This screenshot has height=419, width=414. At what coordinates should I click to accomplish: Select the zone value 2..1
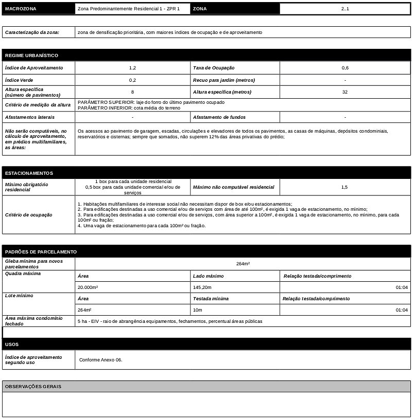344,9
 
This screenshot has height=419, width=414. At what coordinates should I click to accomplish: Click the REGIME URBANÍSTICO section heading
31,55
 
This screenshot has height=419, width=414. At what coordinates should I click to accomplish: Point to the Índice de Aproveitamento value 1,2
132,68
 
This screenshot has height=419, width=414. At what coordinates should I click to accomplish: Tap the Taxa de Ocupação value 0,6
344,68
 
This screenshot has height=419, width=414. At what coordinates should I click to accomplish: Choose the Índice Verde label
19,80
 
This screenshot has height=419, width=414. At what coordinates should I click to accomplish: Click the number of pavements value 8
132,92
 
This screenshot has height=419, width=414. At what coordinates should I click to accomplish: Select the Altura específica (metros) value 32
344,92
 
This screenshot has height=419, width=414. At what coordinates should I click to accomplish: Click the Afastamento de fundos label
219,117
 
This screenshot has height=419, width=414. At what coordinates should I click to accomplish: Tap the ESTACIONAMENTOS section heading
29,173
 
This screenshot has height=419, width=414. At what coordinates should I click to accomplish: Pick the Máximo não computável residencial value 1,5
344,187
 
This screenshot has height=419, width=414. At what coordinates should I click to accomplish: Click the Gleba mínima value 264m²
243,263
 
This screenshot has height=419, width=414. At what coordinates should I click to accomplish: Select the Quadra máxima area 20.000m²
88,287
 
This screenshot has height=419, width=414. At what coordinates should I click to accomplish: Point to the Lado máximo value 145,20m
202,287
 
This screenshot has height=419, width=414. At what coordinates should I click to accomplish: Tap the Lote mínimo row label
19,296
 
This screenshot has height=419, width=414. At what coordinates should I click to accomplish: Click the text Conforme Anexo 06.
101,360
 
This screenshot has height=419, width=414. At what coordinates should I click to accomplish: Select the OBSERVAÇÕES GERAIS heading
33,386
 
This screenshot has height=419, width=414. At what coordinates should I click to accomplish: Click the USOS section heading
12,344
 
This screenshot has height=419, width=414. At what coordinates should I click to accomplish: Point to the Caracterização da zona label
32,32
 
